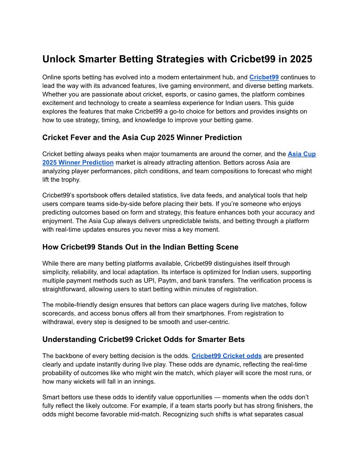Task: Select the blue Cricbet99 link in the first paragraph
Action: pos(264,77)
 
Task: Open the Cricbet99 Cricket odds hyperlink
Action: pos(226,356)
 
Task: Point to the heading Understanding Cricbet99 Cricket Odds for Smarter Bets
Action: pos(143,339)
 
